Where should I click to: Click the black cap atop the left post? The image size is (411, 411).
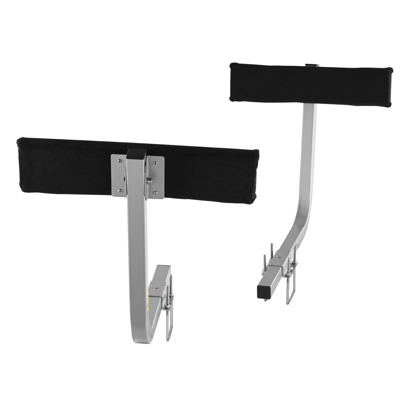click(133, 153)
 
